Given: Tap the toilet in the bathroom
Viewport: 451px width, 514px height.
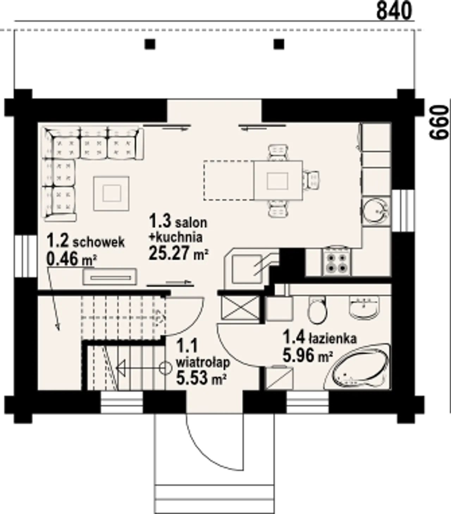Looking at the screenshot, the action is click(x=317, y=311).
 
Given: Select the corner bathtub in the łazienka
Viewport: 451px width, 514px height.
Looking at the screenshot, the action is click(x=357, y=368).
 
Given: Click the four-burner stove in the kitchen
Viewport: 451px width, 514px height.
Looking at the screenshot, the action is click(x=337, y=261).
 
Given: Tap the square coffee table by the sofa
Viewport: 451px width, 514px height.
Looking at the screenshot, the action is click(x=111, y=194).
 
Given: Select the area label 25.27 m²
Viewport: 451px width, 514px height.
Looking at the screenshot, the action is click(x=179, y=253).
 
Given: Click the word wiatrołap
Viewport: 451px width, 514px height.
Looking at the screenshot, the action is click(x=203, y=363).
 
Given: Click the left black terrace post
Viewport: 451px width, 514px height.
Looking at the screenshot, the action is click(x=150, y=44).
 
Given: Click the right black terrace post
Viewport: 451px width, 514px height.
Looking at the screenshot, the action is click(x=279, y=44).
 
